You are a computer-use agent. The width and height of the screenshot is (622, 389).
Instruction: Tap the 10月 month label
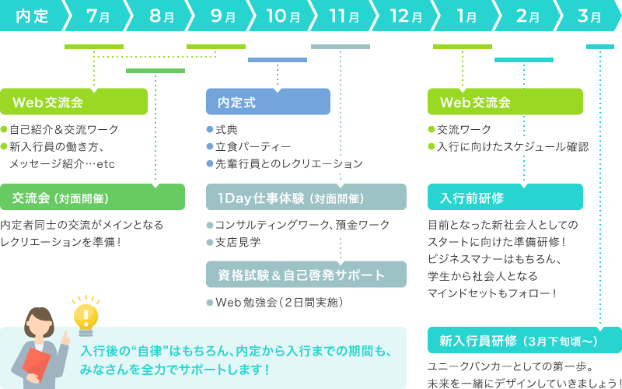click(x=282, y=16)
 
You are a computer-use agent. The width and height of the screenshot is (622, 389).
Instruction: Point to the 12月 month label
click(x=406, y=16)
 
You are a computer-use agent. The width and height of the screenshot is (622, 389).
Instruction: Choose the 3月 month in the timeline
click(x=590, y=16)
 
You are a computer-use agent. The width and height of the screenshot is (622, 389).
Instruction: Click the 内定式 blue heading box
click(x=268, y=102)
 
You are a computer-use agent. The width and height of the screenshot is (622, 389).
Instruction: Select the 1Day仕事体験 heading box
click(x=306, y=197)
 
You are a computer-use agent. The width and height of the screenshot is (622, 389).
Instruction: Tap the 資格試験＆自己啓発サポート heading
click(x=306, y=275)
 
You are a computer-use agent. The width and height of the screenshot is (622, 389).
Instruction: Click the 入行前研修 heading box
click(x=505, y=197)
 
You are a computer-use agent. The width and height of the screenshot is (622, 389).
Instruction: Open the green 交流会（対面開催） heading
click(x=93, y=197)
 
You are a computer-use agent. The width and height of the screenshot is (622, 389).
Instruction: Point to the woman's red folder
click(x=35, y=366)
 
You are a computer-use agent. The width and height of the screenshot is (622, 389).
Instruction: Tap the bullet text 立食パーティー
click(x=253, y=146)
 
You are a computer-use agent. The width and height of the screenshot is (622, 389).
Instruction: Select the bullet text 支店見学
click(x=238, y=242)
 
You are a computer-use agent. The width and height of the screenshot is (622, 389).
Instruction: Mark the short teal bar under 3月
click(x=599, y=47)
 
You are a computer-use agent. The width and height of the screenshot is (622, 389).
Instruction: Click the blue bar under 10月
click(x=278, y=60)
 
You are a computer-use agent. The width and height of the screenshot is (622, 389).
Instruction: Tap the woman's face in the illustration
click(x=39, y=327)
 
